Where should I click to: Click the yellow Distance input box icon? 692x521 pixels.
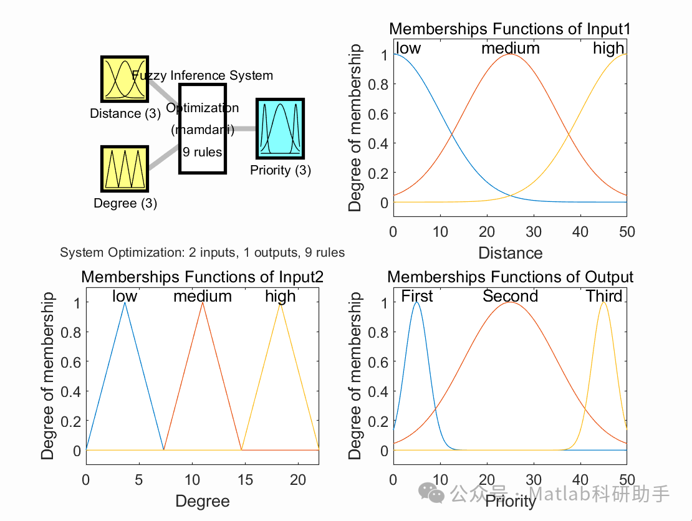pos(124,79)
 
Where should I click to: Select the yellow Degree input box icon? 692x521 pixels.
pos(124,169)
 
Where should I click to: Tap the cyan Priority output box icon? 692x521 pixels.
pos(280,128)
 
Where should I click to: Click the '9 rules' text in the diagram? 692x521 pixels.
pos(203,151)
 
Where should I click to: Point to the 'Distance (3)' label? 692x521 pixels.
pos(125,113)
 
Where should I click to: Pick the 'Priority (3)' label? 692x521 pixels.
pos(281,170)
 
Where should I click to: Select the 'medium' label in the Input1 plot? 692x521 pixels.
pos(510,48)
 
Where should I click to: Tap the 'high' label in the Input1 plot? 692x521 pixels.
pos(608,48)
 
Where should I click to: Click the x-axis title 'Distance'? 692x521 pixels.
pos(510,252)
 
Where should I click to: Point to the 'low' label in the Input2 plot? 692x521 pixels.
pos(125,296)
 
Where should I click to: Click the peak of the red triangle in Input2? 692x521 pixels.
pos(202,303)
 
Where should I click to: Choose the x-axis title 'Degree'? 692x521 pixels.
pos(202,501)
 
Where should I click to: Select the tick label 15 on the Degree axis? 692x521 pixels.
pos(245,480)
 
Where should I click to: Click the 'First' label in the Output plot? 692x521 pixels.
pos(416,296)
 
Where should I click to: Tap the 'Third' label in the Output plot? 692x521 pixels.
pos(604,296)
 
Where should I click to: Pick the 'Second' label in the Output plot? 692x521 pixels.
pos(510,296)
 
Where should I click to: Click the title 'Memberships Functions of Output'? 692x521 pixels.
pos(510,277)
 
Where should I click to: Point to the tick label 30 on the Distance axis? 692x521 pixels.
pos(533,232)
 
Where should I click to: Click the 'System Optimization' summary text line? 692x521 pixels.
pos(202,252)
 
